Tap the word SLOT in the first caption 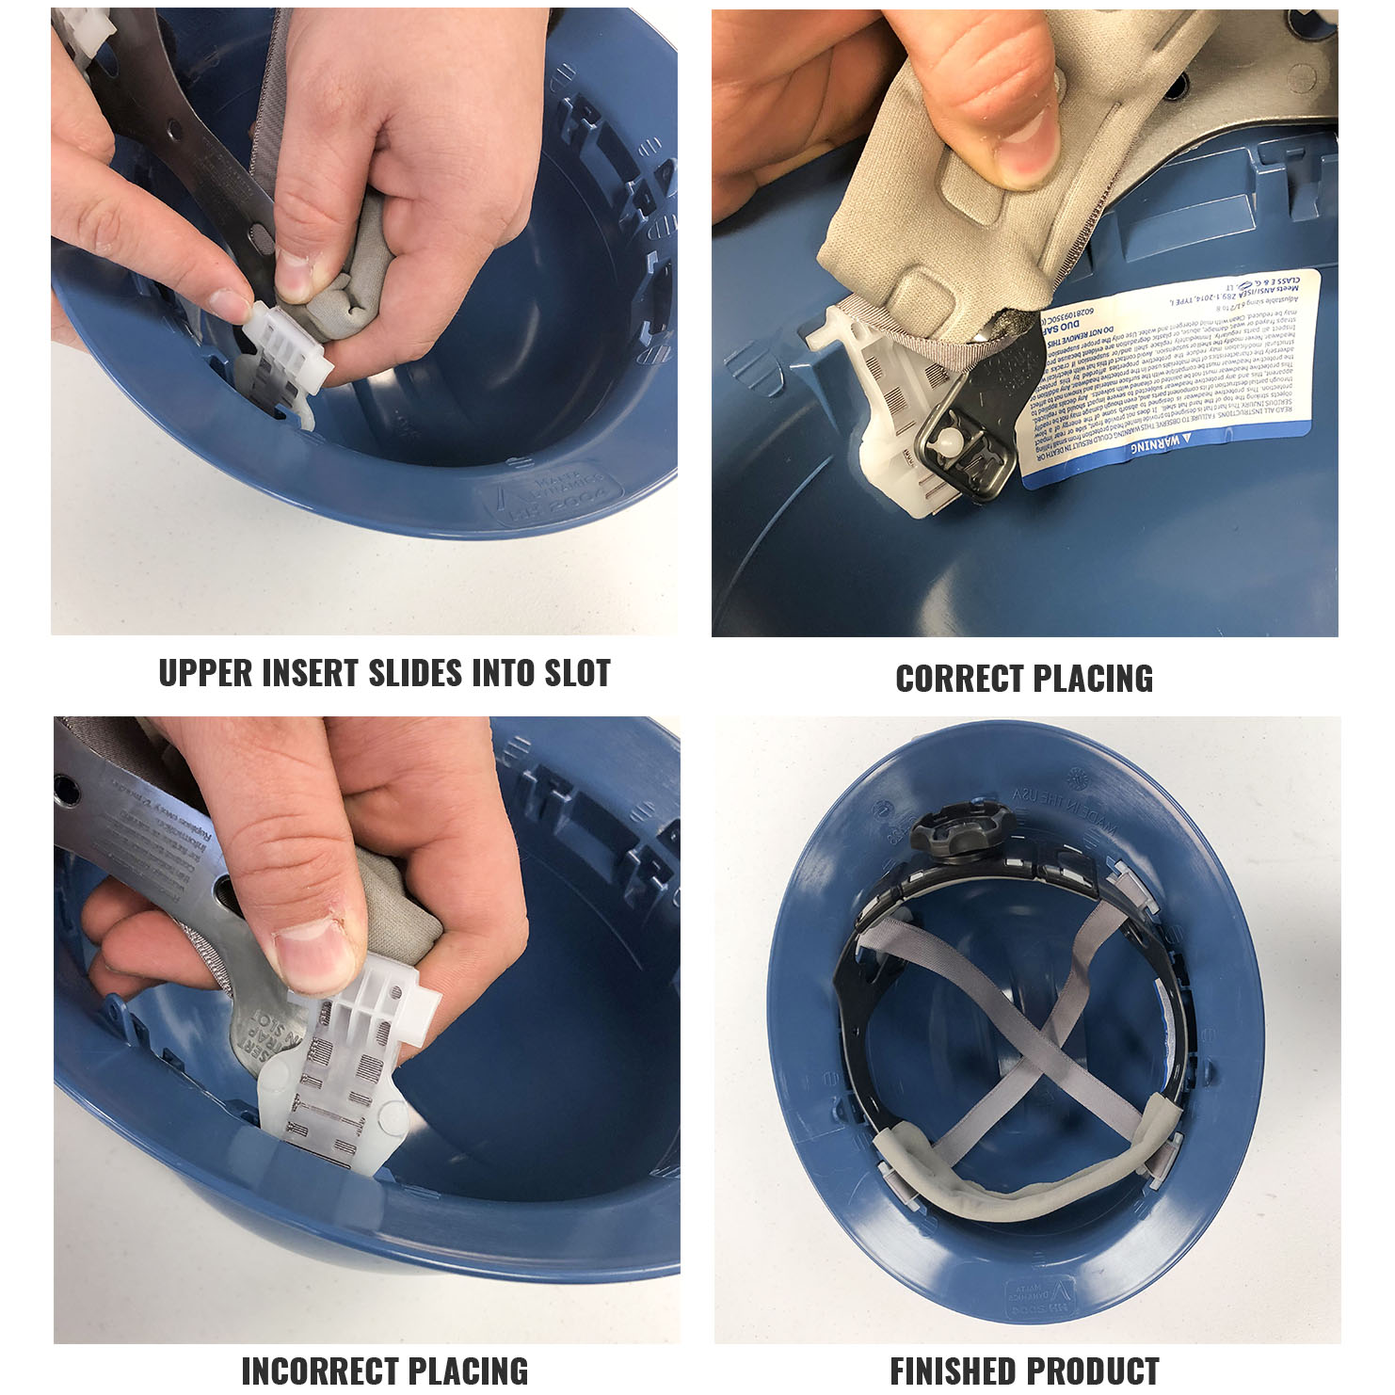point(577,674)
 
